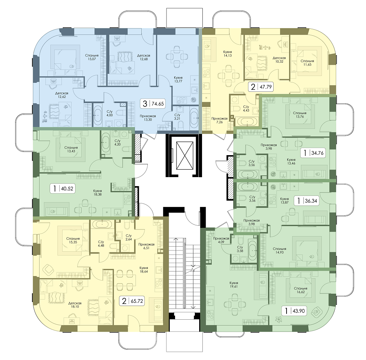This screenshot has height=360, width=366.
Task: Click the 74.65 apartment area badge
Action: click(x=153, y=104)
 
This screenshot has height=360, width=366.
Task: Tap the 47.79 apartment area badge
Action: click(x=261, y=87)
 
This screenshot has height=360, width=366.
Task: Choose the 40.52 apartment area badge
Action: click(x=62, y=188)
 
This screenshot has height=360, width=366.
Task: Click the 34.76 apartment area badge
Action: click(x=313, y=153)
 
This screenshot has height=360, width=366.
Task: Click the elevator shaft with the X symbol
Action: click(x=185, y=156)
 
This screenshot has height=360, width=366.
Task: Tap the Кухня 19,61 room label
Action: click(x=234, y=284)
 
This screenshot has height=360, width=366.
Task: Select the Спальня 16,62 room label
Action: click(x=301, y=290)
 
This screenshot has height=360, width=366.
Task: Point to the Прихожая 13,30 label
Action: click(x=148, y=118)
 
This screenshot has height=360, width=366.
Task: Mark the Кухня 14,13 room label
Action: click(x=227, y=54)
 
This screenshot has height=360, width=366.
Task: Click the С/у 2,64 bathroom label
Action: click(x=129, y=237)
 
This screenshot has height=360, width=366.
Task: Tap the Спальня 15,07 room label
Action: click(x=92, y=57)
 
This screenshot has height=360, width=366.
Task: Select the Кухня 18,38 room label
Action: click(x=97, y=192)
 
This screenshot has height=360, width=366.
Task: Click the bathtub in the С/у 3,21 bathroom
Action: click(x=194, y=118)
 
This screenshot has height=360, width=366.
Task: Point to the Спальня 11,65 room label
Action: click(x=307, y=63)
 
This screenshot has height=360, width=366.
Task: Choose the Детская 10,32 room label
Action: click(x=279, y=60)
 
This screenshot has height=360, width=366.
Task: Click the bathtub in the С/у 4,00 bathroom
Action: click(x=98, y=115)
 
